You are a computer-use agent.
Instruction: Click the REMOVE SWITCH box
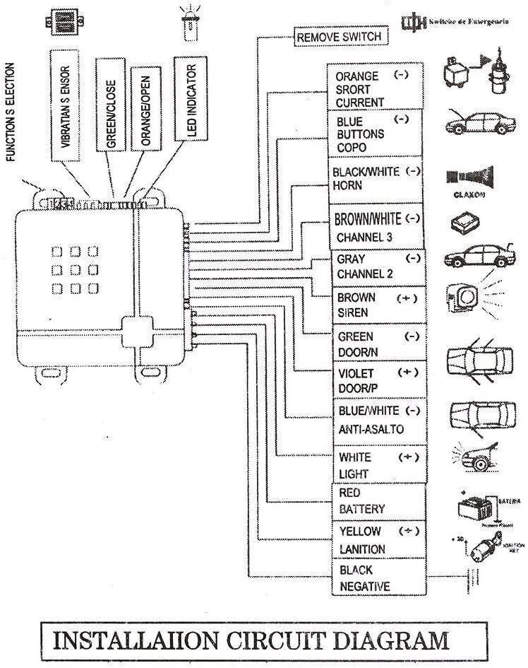click(340, 36)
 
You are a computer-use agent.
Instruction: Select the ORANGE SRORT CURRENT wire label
click(375, 88)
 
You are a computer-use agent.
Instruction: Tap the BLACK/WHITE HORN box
click(376, 179)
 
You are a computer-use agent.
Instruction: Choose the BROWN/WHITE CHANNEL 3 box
click(378, 227)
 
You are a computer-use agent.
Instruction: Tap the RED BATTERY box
click(378, 501)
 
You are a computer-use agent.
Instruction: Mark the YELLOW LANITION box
click(378, 539)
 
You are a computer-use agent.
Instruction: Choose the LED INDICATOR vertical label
click(188, 100)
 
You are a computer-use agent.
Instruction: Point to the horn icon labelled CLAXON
click(469, 176)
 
